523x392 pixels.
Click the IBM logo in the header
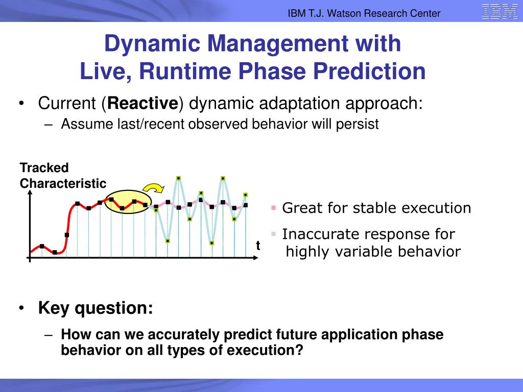(500, 12)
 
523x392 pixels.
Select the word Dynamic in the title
(152, 44)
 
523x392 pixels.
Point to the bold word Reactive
(143, 103)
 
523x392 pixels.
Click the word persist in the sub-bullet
(357, 125)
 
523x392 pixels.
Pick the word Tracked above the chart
(44, 167)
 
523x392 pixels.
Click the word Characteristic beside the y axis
(63, 183)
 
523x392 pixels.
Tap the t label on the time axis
(258, 246)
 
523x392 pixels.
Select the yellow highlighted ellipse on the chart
(128, 202)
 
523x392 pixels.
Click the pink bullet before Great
(274, 208)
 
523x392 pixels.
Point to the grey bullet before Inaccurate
(274, 234)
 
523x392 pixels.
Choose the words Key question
(96, 308)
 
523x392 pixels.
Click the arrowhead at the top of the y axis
(30, 192)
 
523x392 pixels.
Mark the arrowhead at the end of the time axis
(256, 258)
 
